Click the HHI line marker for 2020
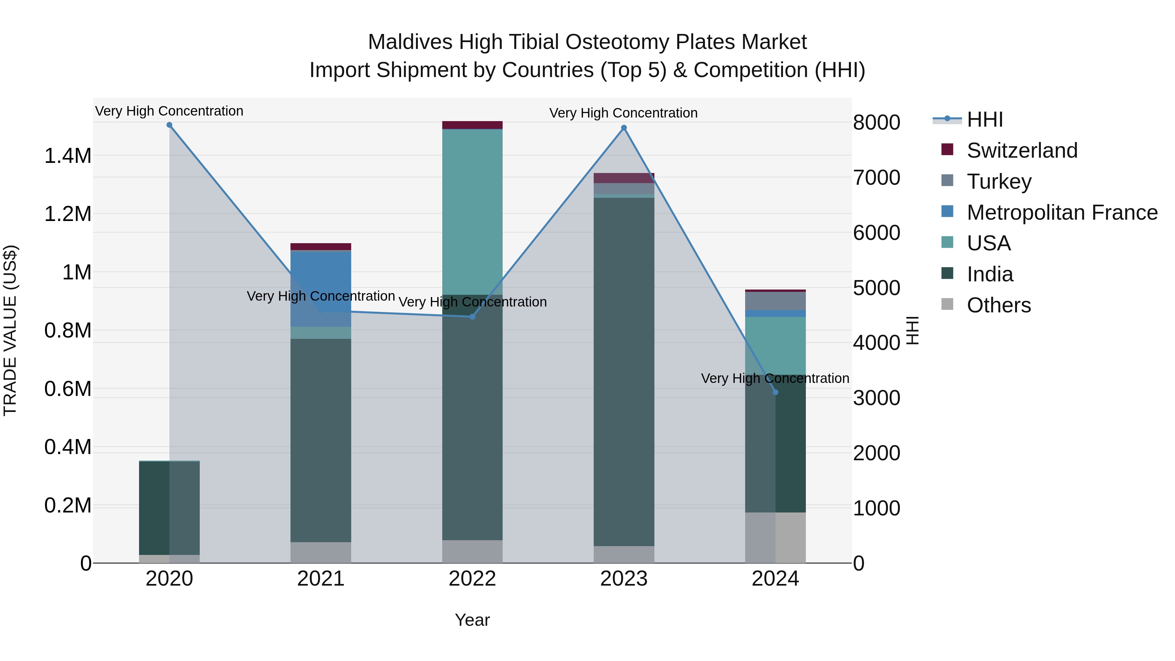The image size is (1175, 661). pyautogui.click(x=169, y=125)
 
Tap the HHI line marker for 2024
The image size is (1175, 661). pyautogui.click(x=775, y=392)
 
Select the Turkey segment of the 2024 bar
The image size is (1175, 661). pyautogui.click(x=775, y=301)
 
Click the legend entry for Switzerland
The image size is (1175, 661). pyautogui.click(x=1022, y=150)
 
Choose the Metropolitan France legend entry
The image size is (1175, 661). pyautogui.click(x=1062, y=212)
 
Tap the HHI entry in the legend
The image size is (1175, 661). pyautogui.click(x=984, y=119)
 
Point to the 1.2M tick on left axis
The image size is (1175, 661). pyautogui.click(x=68, y=214)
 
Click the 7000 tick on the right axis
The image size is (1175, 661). pyautogui.click(x=876, y=178)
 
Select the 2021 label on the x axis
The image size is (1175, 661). pyautogui.click(x=321, y=579)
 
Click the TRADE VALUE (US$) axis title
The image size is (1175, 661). pyautogui.click(x=10, y=330)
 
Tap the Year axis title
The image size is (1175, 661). pyautogui.click(x=472, y=620)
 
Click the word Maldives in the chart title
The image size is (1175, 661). pyautogui.click(x=410, y=42)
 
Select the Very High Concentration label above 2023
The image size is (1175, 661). pyautogui.click(x=623, y=113)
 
